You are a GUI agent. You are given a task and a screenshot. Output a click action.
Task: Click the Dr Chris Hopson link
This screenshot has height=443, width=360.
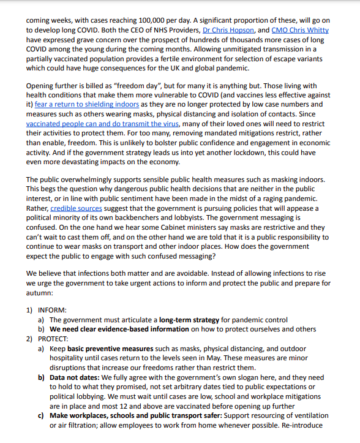[x=229, y=29]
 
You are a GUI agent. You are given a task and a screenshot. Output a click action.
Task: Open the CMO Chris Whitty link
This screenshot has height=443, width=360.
[x=300, y=29]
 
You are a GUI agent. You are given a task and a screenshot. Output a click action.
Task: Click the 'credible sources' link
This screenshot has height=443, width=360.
[x=77, y=208]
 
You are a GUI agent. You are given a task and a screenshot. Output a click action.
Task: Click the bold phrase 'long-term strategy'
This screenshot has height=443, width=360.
[x=189, y=319]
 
